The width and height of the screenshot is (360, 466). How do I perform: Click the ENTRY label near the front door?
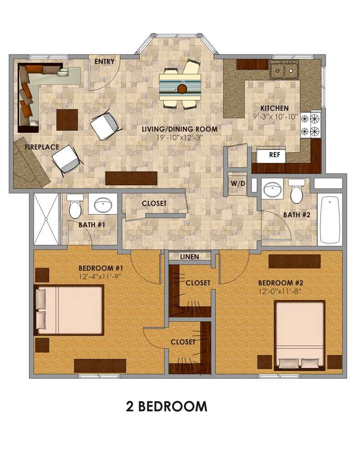pyautogui.click(x=104, y=61)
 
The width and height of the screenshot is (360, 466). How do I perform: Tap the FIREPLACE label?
pyautogui.click(x=42, y=147)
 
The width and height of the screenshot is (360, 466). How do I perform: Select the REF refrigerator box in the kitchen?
pyautogui.click(x=271, y=156)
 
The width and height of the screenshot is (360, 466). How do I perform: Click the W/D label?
pyautogui.click(x=238, y=184)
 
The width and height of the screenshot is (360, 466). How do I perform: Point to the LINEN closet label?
pyautogui.click(x=190, y=257)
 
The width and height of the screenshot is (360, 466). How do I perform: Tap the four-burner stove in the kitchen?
pyautogui.click(x=311, y=125)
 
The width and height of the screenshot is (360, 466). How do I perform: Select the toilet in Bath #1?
pyautogui.click(x=75, y=206)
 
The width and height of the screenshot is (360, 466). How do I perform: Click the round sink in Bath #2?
pyautogui.click(x=273, y=189)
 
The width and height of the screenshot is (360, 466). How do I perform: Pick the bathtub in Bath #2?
pyautogui.click(x=330, y=219)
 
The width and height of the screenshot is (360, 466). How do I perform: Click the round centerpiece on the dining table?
pyautogui.click(x=182, y=88)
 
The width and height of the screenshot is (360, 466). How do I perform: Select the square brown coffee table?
pyautogui.click(x=67, y=120)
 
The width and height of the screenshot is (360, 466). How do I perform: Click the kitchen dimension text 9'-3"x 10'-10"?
pyautogui.click(x=275, y=116)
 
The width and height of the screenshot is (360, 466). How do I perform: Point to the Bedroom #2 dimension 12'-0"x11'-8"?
pyautogui.click(x=280, y=292)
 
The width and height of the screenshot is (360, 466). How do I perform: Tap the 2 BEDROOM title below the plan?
pyautogui.click(x=167, y=406)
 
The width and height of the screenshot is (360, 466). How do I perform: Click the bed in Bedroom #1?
pyautogui.click(x=69, y=310)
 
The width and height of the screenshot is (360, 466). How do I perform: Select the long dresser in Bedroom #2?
pyautogui.click(x=294, y=261)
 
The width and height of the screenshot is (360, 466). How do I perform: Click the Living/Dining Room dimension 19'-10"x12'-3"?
pyautogui.click(x=180, y=137)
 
